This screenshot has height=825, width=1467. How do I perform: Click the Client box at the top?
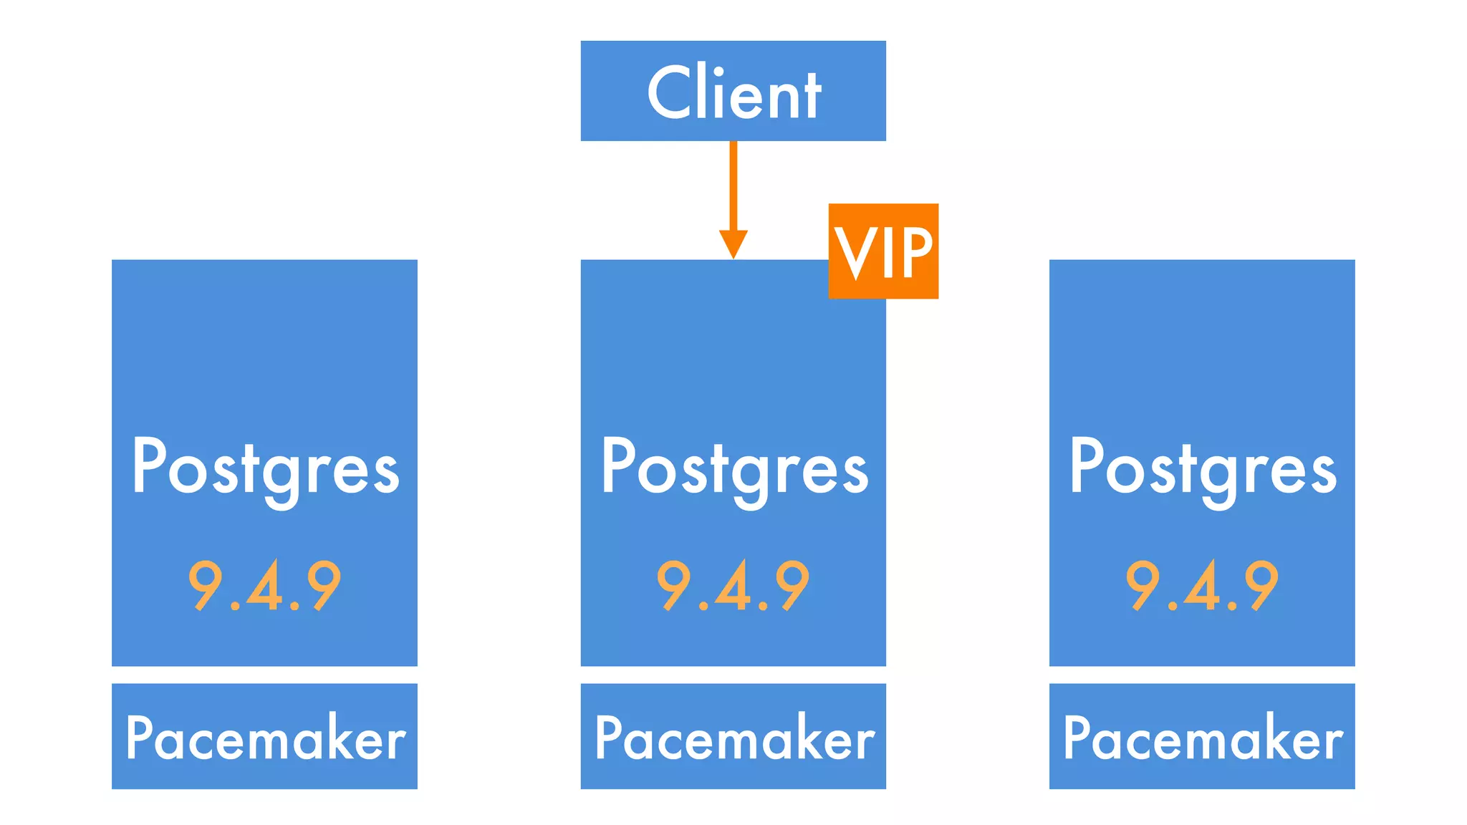733,91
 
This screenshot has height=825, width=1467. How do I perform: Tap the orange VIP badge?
883,251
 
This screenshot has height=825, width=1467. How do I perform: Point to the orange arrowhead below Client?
733,243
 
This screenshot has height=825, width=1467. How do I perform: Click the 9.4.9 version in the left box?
264,586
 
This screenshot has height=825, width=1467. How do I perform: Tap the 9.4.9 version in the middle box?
733,586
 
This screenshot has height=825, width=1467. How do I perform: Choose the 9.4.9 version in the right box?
1202,586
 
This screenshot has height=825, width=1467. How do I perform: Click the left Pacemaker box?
264,736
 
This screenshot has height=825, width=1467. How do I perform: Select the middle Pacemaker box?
733,736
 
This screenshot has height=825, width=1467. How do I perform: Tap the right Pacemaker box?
1202,736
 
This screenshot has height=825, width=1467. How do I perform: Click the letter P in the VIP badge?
915,252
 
